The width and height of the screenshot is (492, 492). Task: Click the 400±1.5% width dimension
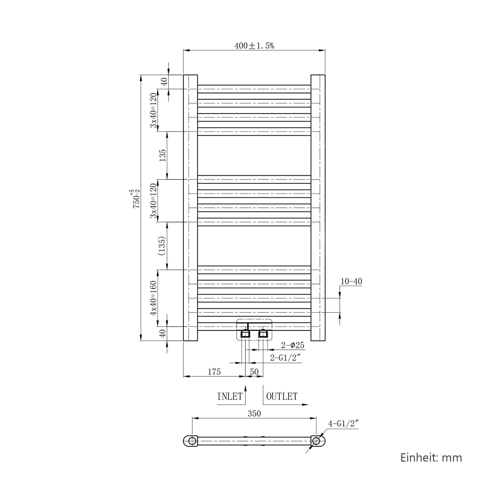coord(254,46)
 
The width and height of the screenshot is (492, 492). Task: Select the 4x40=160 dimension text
coord(153,298)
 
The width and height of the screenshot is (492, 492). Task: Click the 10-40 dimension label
coord(351,281)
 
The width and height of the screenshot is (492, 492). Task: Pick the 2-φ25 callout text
coord(292,345)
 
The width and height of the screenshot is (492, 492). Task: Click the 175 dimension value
coord(214,372)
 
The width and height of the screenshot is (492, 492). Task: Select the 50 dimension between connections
coord(254,372)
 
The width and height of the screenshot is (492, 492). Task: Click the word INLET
coord(230,396)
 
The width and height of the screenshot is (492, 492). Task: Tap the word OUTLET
coord(282,396)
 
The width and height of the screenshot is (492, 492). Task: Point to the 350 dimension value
coord(254,414)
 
